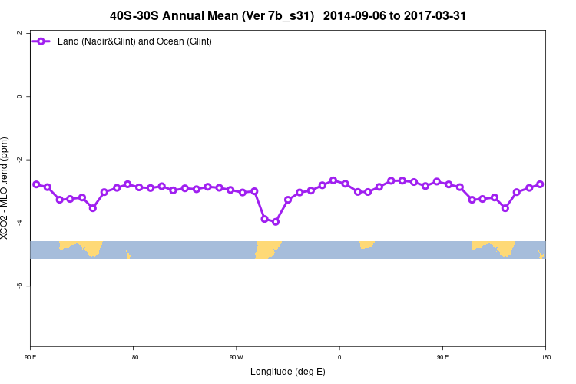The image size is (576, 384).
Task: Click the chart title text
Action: (288, 15)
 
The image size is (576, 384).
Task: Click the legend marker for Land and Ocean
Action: (43, 41)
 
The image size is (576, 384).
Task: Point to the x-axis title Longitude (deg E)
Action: (287, 372)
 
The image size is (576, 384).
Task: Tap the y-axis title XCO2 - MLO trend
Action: (7, 188)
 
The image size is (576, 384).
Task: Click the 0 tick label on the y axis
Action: (18, 96)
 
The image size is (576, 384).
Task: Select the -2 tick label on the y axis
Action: (18, 159)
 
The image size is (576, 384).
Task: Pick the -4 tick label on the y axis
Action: (18, 223)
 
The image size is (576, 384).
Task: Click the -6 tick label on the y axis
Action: (18, 286)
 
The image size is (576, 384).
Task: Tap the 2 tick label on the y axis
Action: (18, 33)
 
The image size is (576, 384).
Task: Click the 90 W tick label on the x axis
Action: (236, 356)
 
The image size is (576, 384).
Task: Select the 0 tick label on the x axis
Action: (339, 356)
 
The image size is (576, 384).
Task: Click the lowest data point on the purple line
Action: (276, 222)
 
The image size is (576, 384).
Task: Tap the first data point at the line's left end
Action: (36, 184)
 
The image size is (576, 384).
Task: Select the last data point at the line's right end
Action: (540, 184)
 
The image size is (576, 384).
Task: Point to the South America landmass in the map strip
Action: (267, 249)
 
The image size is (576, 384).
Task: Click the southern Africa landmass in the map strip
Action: (367, 244)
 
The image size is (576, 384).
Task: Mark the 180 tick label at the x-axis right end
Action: (545, 356)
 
